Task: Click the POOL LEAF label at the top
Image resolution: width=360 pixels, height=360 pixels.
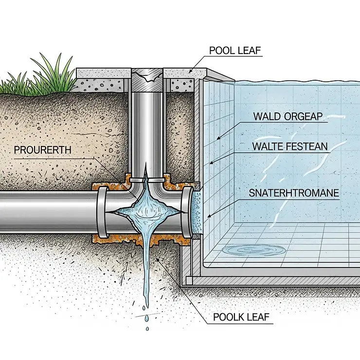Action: pos(235,51)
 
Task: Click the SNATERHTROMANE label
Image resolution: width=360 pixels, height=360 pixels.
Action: pos(294,193)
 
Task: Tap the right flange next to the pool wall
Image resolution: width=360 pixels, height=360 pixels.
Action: pos(187,211)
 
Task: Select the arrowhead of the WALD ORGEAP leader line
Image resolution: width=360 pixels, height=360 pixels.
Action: pos(217,138)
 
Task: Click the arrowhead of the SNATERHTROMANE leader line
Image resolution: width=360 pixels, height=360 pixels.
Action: pos(208,216)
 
